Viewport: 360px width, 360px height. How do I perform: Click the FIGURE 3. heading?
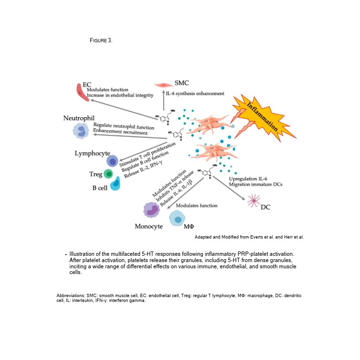pyautogui.click(x=101, y=40)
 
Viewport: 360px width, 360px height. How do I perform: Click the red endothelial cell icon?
pyautogui.click(x=83, y=92)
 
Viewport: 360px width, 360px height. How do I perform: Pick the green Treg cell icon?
pyautogui.click(x=109, y=174)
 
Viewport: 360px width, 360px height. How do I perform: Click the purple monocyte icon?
pyautogui.click(x=153, y=209)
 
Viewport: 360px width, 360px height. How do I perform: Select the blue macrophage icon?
pyautogui.click(x=178, y=218)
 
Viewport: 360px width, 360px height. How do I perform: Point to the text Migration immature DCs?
pyautogui.click(x=255, y=185)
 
